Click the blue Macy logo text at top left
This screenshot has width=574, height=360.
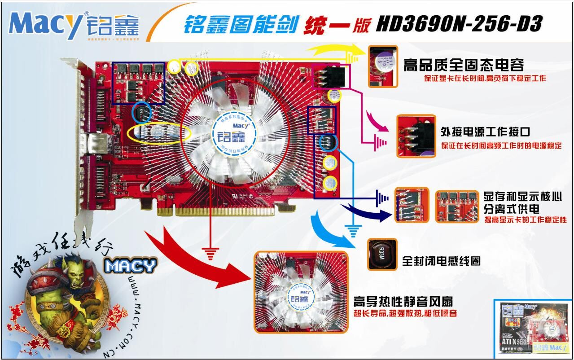pyautogui.click(x=45, y=25)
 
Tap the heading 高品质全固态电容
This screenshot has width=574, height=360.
pyautogui.click(x=464, y=65)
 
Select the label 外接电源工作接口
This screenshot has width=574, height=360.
pyautogui.click(x=485, y=132)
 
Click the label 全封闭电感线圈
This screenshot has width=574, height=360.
pyautogui.click(x=441, y=260)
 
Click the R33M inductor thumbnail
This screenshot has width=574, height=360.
pyautogui.click(x=382, y=254)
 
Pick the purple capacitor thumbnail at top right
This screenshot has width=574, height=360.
pyautogui.click(x=383, y=66)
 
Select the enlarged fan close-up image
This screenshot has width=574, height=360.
pyautogui.click(x=300, y=292)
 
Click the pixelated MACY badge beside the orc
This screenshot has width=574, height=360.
pyautogui.click(x=130, y=266)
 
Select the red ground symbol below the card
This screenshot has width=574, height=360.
pyautogui.click(x=210, y=254)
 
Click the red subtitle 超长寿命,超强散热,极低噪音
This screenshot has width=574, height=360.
pyautogui.click(x=405, y=313)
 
